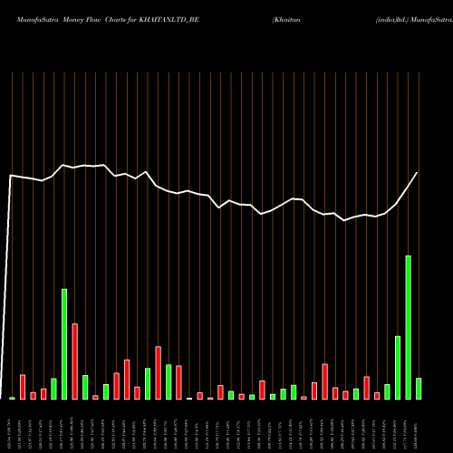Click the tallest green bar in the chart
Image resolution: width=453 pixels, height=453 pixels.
click(408, 327)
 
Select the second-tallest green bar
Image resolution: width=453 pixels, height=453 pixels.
click(64, 344)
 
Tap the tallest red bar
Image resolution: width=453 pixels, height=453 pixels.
click(74, 361)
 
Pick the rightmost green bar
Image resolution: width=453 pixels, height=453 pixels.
click(419, 389)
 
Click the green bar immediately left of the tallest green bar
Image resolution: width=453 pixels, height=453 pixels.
click(398, 367)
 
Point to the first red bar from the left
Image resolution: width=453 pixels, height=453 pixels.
click(23, 387)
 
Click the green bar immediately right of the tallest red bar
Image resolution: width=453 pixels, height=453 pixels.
click(85, 387)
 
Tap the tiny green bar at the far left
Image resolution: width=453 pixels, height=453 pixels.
click(12, 398)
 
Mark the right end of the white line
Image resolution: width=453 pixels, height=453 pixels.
click(418, 173)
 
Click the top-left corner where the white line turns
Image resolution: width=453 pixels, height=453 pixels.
click(11, 175)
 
